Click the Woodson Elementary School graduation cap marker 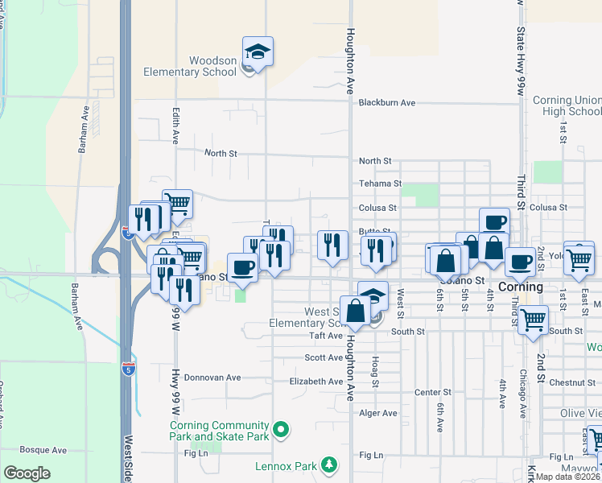[x=258, y=52]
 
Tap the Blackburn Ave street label [x=386, y=103]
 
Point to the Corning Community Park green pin [x=281, y=431]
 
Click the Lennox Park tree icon [x=328, y=464]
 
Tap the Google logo [x=27, y=473]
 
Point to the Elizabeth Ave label [x=316, y=382]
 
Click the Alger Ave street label [x=378, y=413]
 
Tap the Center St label [x=433, y=392]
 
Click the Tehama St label [x=375, y=184]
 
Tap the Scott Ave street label [x=324, y=357]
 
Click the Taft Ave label [x=327, y=336]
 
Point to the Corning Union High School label [x=567, y=106]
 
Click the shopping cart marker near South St [x=533, y=319]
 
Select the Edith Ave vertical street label [x=175, y=122]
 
